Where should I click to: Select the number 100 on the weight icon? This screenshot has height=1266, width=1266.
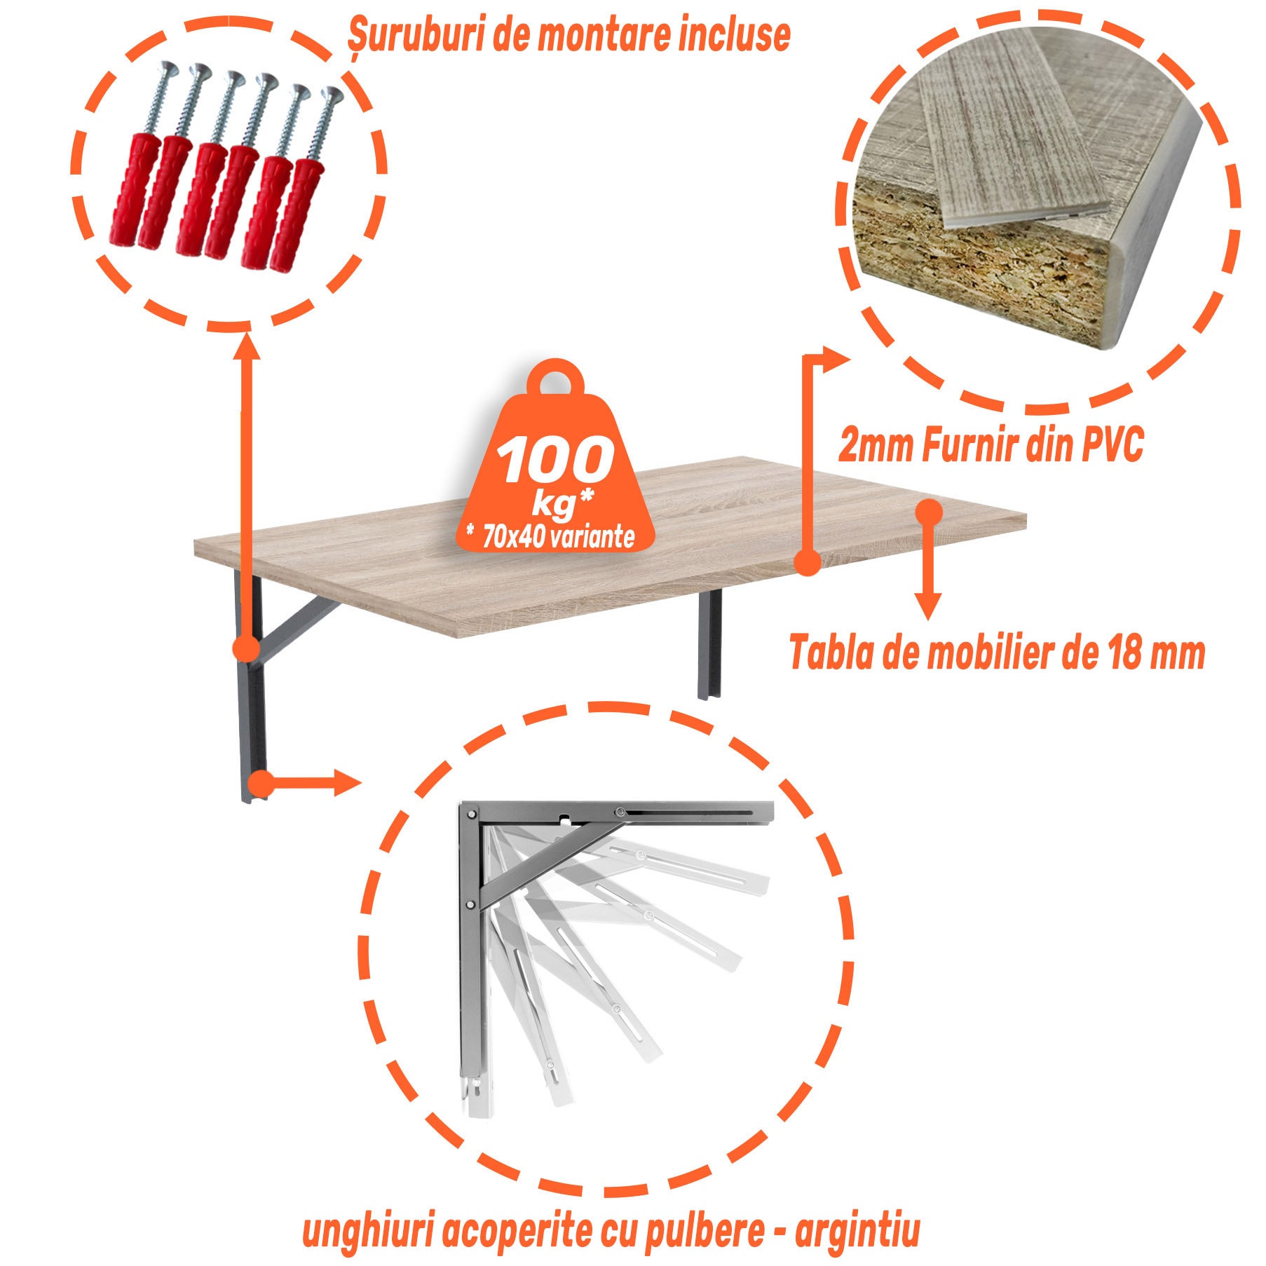[x=555, y=460]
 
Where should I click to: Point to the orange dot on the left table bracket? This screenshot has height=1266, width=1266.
[x=245, y=648]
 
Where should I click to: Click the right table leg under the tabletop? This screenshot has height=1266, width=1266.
[x=709, y=645]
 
